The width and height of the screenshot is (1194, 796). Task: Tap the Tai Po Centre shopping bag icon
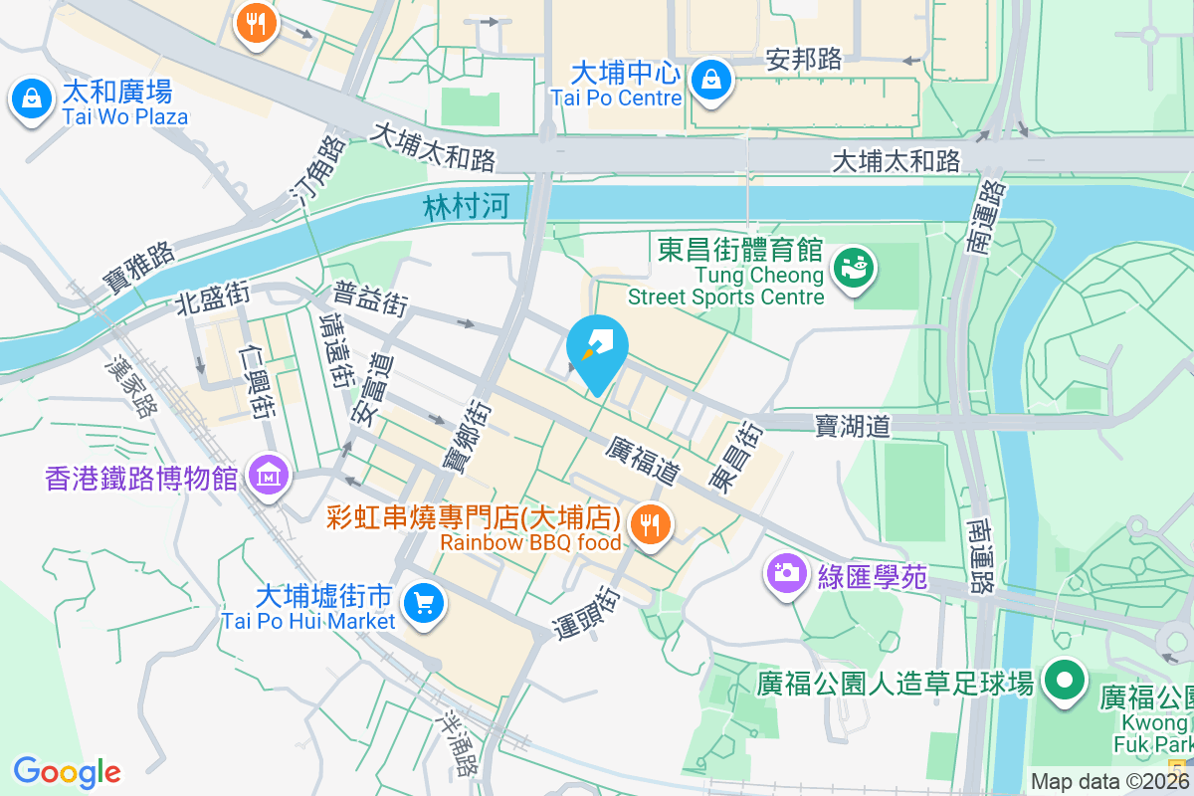711,81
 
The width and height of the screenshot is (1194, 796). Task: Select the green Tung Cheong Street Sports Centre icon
853,268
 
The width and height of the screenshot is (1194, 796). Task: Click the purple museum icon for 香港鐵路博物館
269,477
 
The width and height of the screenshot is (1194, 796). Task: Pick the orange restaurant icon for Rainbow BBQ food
651,524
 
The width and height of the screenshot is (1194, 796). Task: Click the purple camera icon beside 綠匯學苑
786,573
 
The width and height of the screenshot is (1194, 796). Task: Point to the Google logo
67,771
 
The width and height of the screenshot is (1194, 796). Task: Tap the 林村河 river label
466,207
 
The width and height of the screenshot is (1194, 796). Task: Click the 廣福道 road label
643,462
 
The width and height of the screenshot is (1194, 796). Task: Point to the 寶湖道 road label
852,426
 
